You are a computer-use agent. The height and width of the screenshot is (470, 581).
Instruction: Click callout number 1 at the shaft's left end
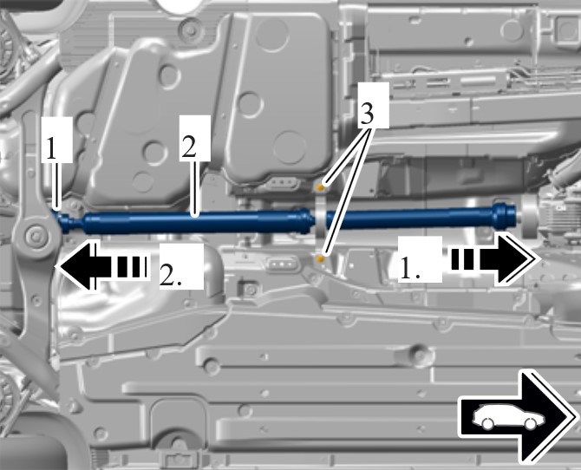(x=52, y=149)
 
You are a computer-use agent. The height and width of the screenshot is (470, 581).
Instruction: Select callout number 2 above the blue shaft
(x=188, y=147)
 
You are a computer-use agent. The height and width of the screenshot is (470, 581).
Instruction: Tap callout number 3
(x=367, y=114)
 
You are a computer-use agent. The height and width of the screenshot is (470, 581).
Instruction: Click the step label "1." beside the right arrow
(x=410, y=268)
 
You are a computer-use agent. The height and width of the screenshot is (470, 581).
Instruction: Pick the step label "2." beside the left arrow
(x=171, y=275)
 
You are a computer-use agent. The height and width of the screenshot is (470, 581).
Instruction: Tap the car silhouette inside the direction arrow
(x=508, y=417)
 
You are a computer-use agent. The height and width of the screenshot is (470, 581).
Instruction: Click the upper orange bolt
(x=322, y=187)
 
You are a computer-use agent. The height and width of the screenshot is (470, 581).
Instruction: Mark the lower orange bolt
(x=321, y=258)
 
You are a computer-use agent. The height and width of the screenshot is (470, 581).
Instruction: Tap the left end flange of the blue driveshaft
(x=66, y=222)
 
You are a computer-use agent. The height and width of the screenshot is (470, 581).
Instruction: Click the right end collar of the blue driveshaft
(x=505, y=214)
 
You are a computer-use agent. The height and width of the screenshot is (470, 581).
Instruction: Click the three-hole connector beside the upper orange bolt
(x=282, y=182)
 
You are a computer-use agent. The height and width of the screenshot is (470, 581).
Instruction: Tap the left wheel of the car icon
(x=486, y=423)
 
